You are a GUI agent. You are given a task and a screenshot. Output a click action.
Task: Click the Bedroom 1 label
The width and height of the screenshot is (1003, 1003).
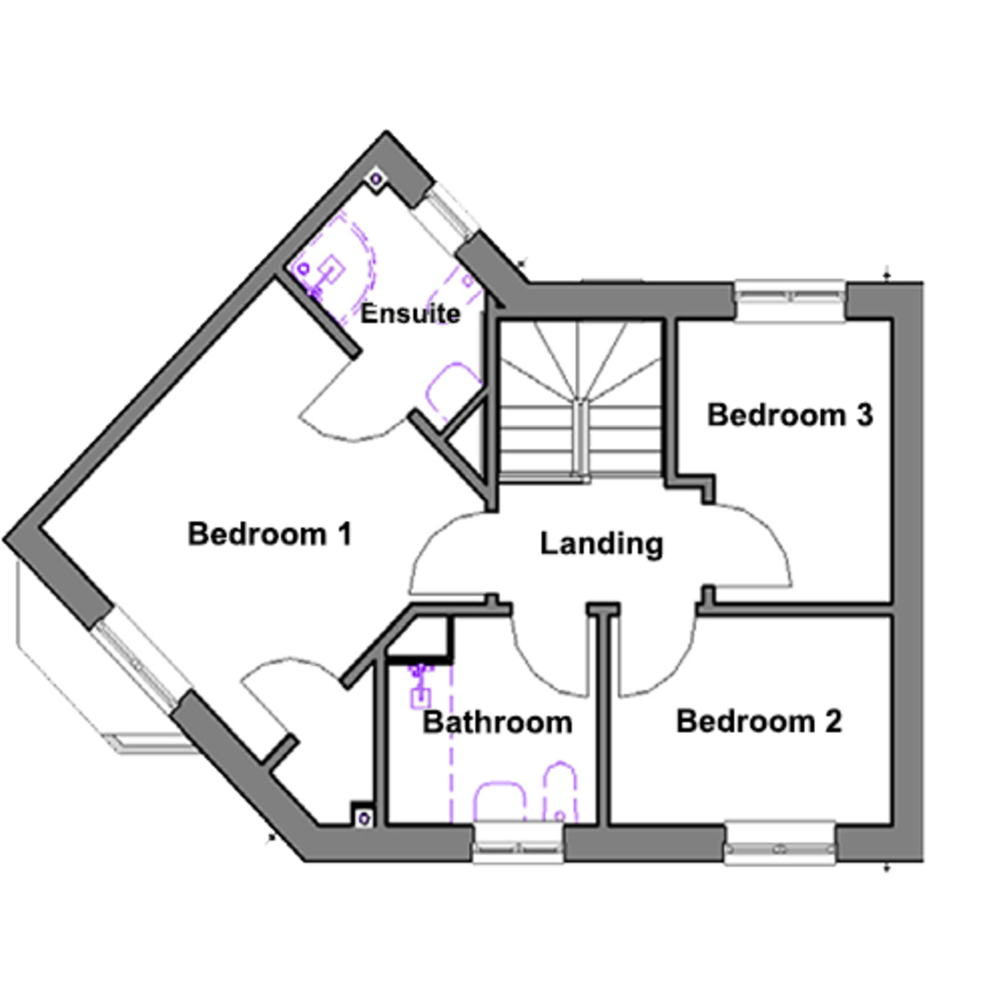pyautogui.click(x=269, y=533)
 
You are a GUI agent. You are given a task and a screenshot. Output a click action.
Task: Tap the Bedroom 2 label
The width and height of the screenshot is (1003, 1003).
pyautogui.click(x=759, y=720)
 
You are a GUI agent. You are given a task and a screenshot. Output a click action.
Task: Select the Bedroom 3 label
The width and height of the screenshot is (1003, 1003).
pyautogui.click(x=790, y=415)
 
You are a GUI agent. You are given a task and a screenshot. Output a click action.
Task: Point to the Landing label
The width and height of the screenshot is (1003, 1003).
pyautogui.click(x=601, y=543)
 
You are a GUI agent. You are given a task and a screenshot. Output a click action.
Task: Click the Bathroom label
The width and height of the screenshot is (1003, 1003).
pyautogui.click(x=497, y=722)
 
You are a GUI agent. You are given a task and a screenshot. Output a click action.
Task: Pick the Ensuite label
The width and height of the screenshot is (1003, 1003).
pyautogui.click(x=410, y=314)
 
